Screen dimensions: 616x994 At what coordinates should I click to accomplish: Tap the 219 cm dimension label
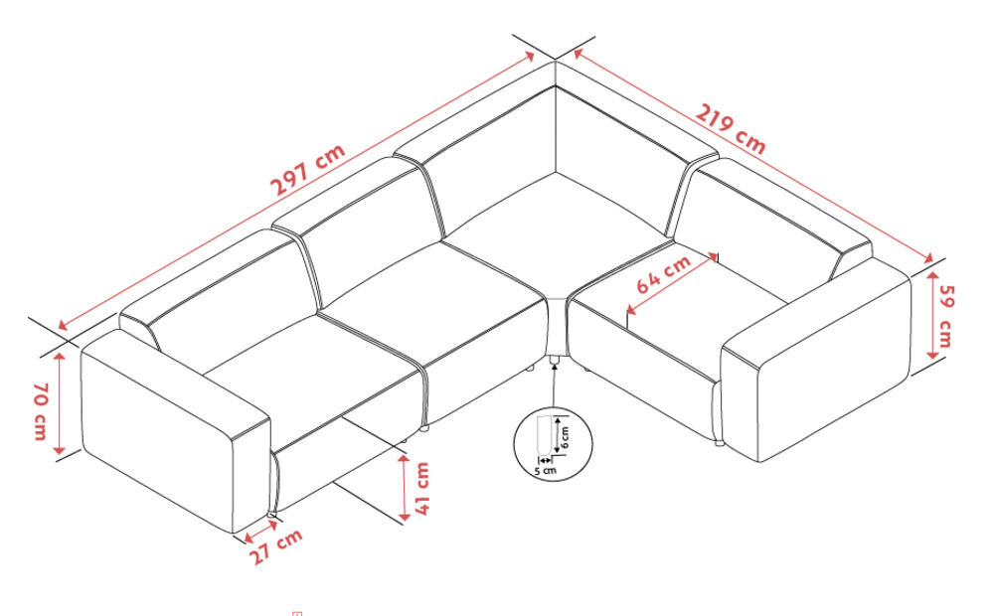tap(731, 129)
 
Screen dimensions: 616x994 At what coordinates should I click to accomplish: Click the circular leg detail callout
tap(553, 443)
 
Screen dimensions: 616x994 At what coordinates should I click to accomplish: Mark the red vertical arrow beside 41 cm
tap(405, 487)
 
